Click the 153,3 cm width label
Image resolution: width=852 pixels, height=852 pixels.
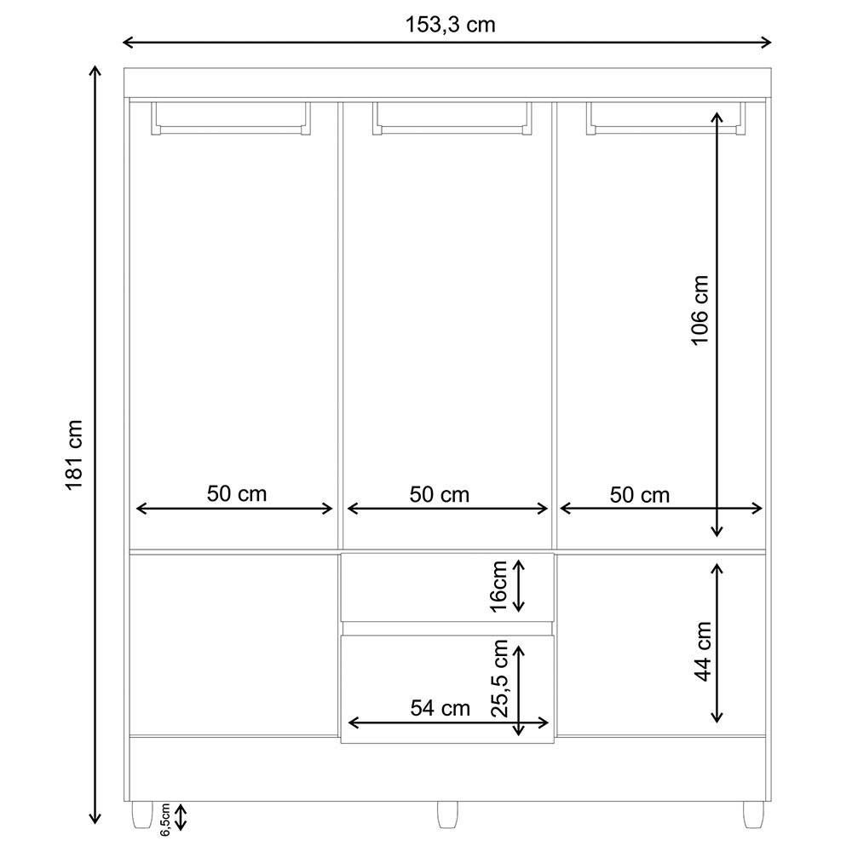point(449,25)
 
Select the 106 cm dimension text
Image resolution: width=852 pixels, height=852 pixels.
point(699,310)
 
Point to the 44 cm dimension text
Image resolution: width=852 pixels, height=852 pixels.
point(702,651)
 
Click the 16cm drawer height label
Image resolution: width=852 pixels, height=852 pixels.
point(499,585)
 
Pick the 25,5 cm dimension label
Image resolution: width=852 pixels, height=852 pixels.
point(500,678)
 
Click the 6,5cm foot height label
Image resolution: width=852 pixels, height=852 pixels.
point(166,819)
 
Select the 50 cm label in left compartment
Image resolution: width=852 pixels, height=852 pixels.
point(236,494)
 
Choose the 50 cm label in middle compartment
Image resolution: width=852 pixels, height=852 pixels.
point(439,494)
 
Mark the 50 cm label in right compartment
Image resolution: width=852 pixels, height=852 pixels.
point(640,494)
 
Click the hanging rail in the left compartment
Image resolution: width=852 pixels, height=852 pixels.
point(231,130)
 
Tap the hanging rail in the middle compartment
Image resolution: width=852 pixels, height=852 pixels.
point(452,130)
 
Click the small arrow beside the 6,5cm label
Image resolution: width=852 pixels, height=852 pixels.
point(181,819)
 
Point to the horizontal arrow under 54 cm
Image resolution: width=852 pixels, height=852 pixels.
point(448,724)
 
